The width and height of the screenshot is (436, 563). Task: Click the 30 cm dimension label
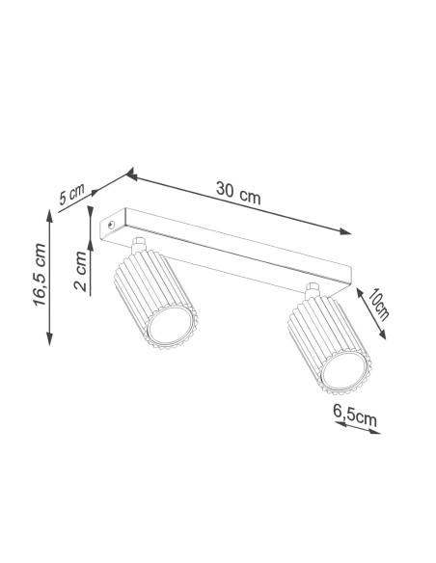click(238, 193)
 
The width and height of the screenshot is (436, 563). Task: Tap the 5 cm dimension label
click(71, 194)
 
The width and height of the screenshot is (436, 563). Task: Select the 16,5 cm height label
click(40, 275)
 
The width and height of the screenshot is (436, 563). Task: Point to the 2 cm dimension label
click(80, 271)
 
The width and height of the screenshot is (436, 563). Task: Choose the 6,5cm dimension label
click(355, 416)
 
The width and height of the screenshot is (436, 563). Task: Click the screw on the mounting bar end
click(111, 226)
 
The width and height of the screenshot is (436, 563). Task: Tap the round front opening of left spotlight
click(171, 325)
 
